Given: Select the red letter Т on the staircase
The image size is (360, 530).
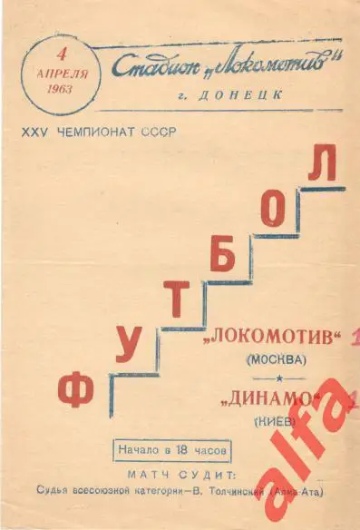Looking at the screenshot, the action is click(180, 299).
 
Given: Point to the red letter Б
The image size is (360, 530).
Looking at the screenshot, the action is click(225, 256).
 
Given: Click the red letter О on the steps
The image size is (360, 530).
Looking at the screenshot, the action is click(277, 211).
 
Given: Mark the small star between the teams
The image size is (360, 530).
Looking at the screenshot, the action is click(278, 377).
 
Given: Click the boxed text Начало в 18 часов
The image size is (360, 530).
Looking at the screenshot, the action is click(173, 449).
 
